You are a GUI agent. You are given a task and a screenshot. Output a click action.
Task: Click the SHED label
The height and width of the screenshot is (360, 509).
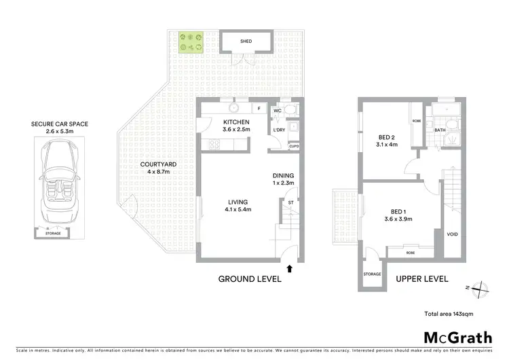(246, 41)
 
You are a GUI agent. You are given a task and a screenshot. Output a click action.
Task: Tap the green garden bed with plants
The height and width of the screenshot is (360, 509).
(191, 42)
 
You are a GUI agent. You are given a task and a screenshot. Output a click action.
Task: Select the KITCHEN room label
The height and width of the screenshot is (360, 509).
(237, 122)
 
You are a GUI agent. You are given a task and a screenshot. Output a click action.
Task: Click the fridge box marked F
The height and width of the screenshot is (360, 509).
(259, 108)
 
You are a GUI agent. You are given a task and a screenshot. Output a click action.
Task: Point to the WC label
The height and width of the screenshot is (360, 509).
(277, 110)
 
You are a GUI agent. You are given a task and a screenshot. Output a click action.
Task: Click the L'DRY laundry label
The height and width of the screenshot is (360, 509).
(278, 130)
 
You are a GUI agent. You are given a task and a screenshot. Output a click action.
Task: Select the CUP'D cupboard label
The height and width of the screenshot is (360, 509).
(294, 146)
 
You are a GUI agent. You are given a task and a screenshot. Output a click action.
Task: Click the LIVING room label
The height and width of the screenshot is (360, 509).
(238, 202)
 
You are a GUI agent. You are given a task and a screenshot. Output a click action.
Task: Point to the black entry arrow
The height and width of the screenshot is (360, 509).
(290, 269)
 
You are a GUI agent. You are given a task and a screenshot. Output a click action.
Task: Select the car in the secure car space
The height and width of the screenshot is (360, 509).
(58, 184)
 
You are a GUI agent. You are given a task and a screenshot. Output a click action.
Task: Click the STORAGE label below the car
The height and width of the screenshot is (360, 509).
(53, 234)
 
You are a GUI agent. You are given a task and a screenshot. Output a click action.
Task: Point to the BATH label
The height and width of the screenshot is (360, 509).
(440, 130)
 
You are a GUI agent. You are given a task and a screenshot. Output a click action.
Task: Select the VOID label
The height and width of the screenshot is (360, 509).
(453, 234)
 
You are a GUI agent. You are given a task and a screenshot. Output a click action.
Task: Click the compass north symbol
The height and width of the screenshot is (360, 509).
(479, 289)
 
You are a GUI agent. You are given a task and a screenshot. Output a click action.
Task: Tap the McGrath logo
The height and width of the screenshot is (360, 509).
(458, 338)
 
